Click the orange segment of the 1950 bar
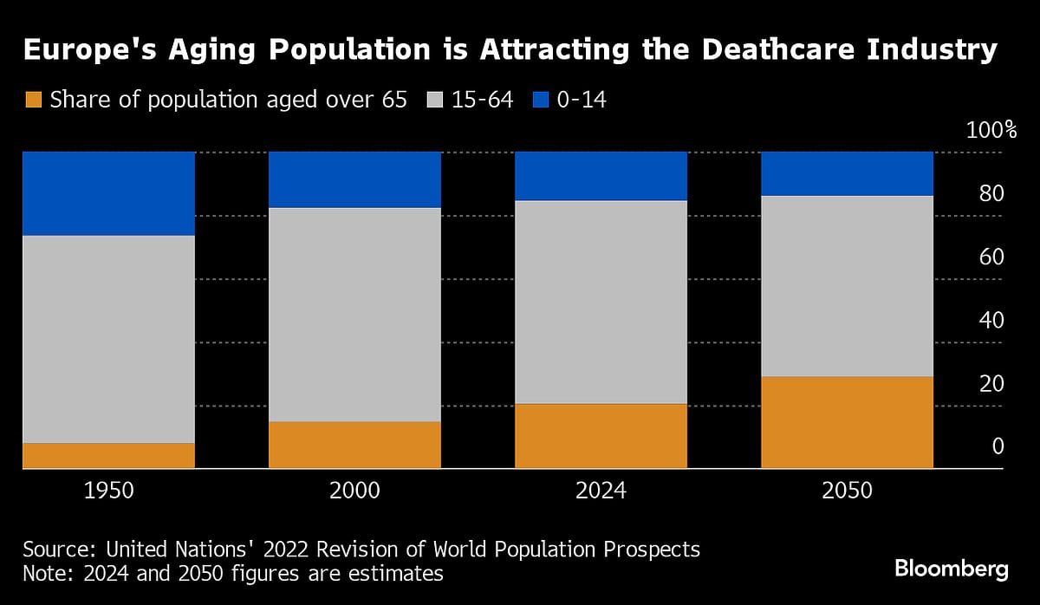coord(108,456)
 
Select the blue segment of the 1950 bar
coord(108,193)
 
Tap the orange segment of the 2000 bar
coord(354,445)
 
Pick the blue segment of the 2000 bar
coord(354,179)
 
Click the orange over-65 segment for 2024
coord(601,436)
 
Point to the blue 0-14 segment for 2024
coord(601,176)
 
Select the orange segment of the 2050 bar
coord(847,422)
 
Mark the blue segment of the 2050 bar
coord(847,173)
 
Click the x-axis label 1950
coord(108,491)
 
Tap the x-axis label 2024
coord(601,491)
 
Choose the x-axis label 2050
coord(847,491)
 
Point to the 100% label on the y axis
coord(990,131)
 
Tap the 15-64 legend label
coord(481,101)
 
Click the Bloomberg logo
coord(951,569)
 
